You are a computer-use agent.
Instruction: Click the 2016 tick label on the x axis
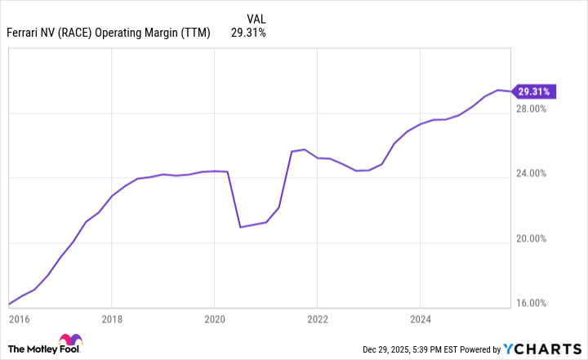click(x=20, y=320)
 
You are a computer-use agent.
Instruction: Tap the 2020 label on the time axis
click(x=214, y=320)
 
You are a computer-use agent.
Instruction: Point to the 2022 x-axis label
click(x=317, y=320)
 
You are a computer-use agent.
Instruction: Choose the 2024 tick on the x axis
click(x=420, y=320)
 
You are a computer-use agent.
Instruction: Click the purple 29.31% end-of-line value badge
click(x=536, y=91)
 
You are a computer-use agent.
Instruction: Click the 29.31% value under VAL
click(x=249, y=33)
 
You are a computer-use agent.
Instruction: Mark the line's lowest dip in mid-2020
click(x=240, y=227)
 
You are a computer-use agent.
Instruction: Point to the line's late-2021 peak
click(x=305, y=149)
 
